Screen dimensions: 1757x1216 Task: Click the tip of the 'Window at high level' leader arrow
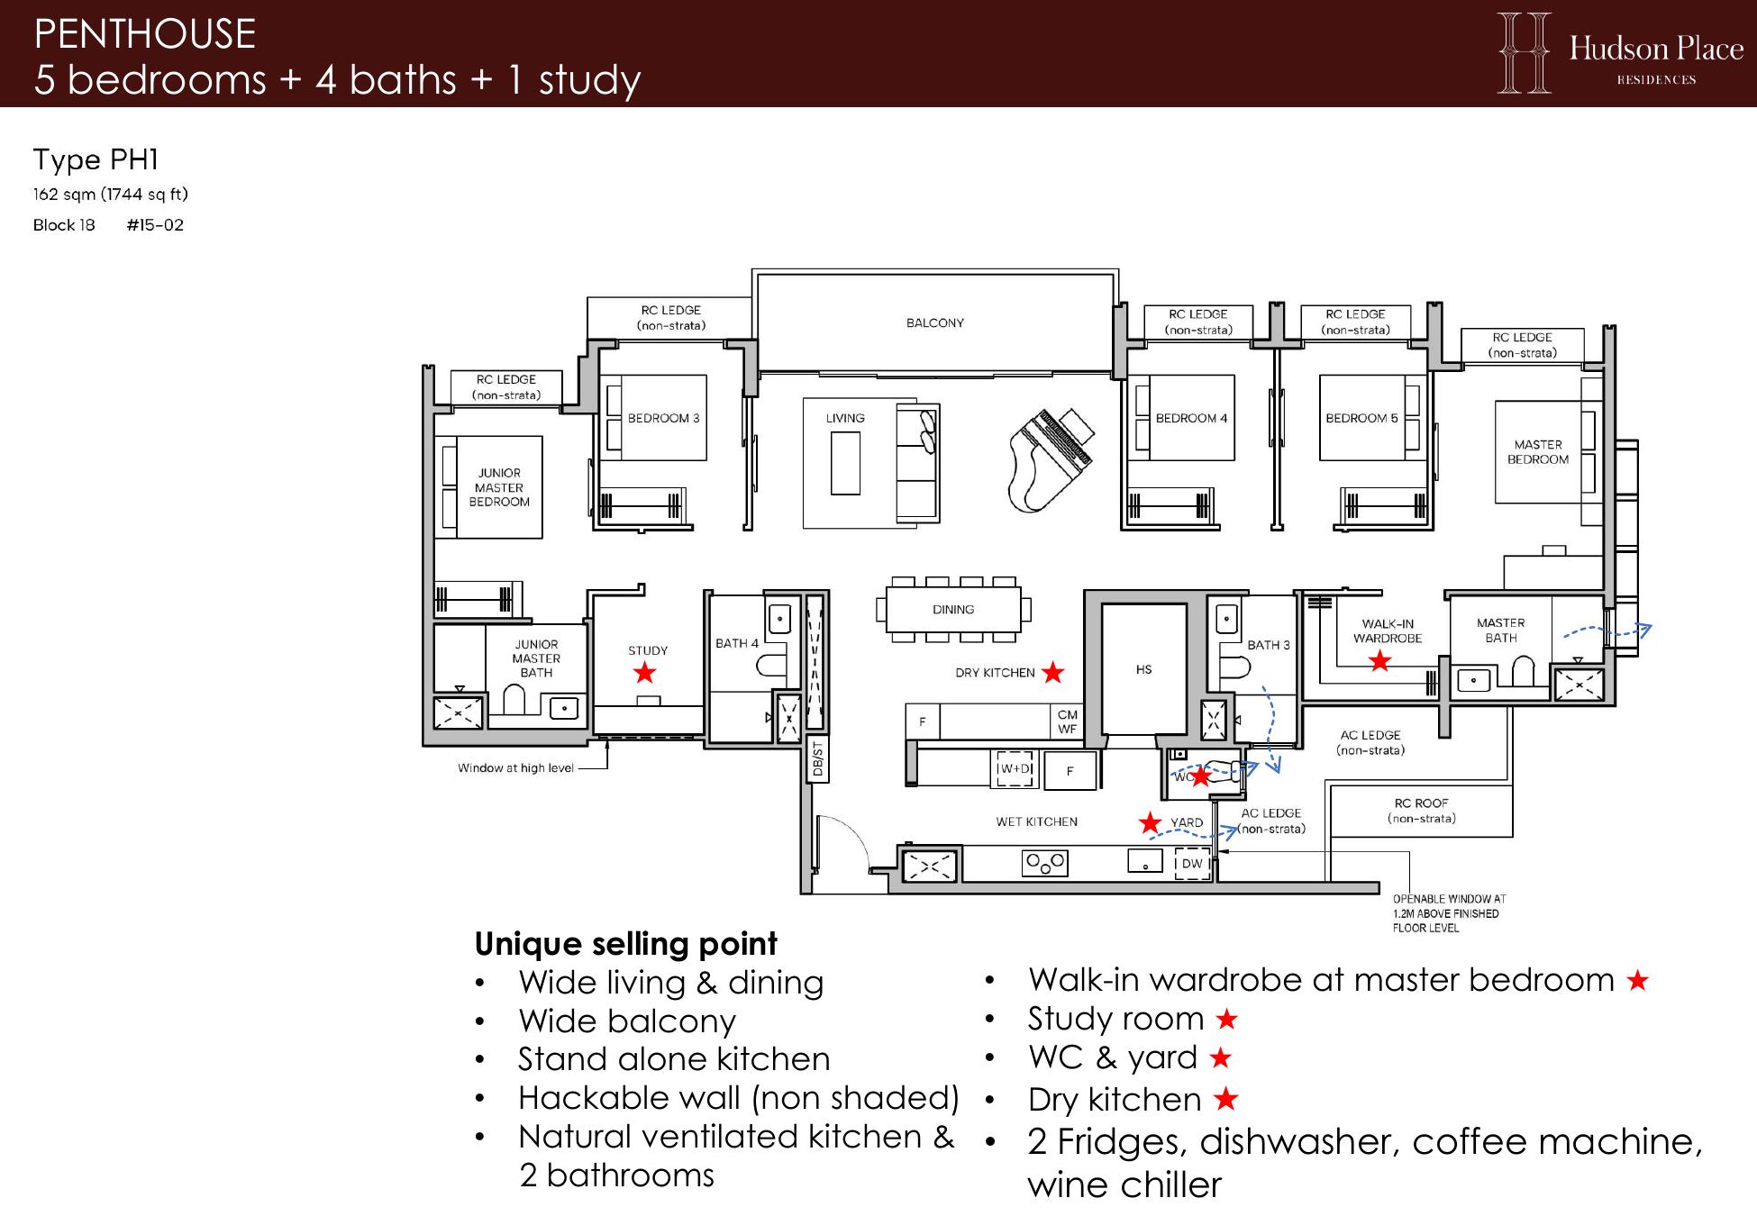pyautogui.click(x=606, y=740)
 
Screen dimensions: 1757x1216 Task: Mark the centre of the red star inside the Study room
pyautogui.click(x=644, y=672)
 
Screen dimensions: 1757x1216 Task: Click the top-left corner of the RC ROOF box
pyautogui.click(x=1331, y=786)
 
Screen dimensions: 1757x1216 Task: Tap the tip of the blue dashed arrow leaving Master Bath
pyautogui.click(x=1651, y=625)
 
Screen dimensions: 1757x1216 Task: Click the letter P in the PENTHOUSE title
pyautogui.click(x=44, y=34)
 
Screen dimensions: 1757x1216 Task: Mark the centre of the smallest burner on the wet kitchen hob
pyautogui.click(x=1044, y=869)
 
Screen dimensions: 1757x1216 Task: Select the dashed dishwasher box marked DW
pyautogui.click(x=1192, y=863)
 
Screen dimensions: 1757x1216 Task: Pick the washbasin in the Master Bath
pyautogui.click(x=1474, y=680)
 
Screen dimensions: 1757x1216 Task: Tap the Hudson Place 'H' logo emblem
pyautogui.click(x=1525, y=53)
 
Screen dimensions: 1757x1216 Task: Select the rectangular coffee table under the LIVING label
pyautogui.click(x=845, y=463)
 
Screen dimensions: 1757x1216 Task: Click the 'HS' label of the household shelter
pyautogui.click(x=1144, y=669)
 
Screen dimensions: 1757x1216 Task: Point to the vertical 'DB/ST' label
pyautogui.click(x=817, y=759)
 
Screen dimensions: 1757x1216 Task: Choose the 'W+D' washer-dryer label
pyautogui.click(x=1015, y=768)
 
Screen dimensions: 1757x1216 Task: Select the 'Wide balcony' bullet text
pyautogui.click(x=627, y=1021)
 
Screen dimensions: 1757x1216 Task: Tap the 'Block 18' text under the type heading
pyautogui.click(x=64, y=225)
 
